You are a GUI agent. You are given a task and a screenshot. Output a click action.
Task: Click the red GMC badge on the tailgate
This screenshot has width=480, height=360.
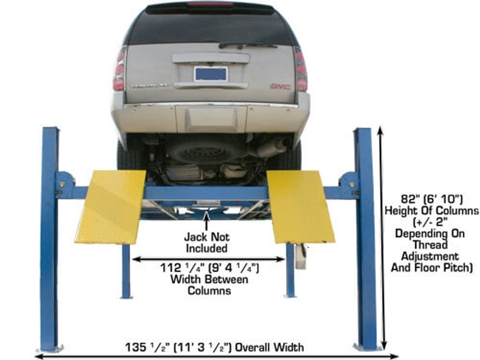click(x=280, y=86)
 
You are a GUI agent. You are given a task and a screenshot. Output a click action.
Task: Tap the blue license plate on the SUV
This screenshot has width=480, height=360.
click(x=210, y=74)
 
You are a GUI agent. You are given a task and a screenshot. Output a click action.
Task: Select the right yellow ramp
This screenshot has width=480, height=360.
click(x=300, y=206)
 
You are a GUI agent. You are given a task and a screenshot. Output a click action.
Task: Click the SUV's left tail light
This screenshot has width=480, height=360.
click(x=119, y=69)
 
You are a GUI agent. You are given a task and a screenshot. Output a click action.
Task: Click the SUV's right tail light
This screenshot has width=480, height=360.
click(x=301, y=69)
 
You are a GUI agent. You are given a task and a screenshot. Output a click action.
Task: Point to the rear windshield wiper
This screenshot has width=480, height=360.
click(x=248, y=45)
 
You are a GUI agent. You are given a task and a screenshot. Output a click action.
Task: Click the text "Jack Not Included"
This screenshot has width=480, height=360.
click(x=207, y=243)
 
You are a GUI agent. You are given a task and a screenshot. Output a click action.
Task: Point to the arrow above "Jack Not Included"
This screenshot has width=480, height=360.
click(x=207, y=221)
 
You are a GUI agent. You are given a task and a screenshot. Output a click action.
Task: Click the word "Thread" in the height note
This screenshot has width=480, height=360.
click(x=430, y=245)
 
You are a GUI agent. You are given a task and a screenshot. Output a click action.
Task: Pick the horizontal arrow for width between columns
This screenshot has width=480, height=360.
click(x=208, y=259)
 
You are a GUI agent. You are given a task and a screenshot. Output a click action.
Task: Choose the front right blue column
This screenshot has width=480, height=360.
click(x=366, y=240)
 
